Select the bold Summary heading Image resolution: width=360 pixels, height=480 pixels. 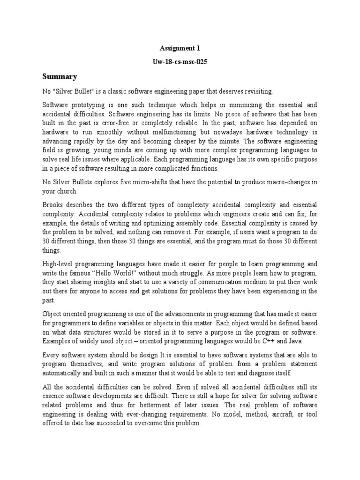60,76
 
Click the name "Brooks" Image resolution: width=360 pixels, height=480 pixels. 53,205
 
